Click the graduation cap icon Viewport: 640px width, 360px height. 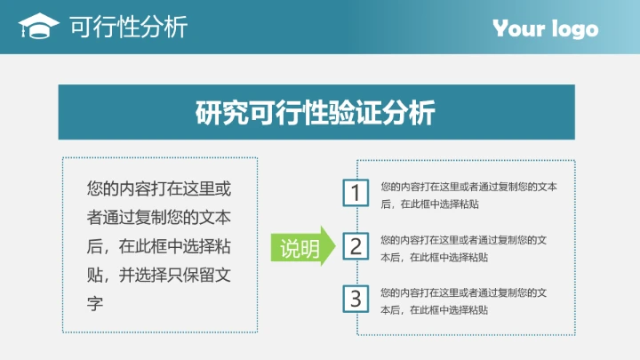[38, 27]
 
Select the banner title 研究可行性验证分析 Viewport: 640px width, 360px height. [316, 113]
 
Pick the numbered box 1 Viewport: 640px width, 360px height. [356, 194]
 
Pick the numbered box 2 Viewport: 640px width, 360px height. [356, 246]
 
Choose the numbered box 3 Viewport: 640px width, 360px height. [356, 299]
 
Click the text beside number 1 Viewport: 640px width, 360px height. [468, 195]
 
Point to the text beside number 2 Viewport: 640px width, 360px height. [463, 248]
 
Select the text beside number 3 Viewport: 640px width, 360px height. [463, 300]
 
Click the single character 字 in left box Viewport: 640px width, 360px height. [96, 302]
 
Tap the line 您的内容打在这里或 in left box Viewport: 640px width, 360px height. [159, 188]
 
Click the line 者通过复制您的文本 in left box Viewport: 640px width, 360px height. [159, 217]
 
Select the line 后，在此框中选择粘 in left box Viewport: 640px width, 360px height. [159, 245]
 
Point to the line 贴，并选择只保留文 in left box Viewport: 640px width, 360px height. [159, 274]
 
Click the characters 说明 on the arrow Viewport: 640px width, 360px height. [300, 249]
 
